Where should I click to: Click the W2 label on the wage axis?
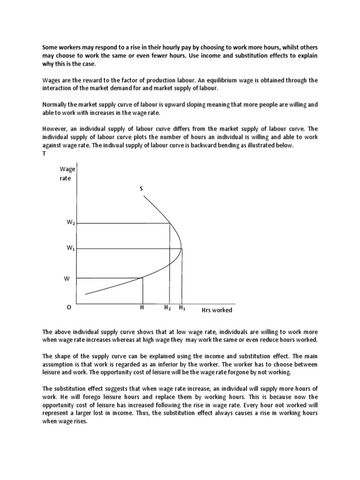pyautogui.click(x=71, y=223)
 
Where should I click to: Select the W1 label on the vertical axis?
pyautogui.click(x=71, y=248)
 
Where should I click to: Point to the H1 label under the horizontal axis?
pyautogui.click(x=182, y=308)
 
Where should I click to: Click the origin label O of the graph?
pyautogui.click(x=69, y=308)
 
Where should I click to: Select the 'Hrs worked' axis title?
pyautogui.click(x=217, y=310)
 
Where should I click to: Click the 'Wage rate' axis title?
pyautogui.click(x=67, y=174)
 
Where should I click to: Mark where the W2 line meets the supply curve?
pyautogui.click(x=169, y=224)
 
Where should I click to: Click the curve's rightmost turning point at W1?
pyautogui.click(x=182, y=248)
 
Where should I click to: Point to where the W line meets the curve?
pyautogui.click(x=142, y=278)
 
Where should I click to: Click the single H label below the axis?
pyautogui.click(x=142, y=308)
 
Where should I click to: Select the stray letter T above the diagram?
pyautogui.click(x=44, y=153)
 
